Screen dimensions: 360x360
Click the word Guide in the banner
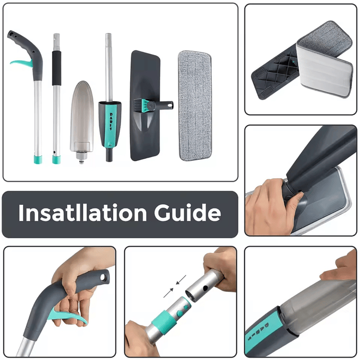point(187,213)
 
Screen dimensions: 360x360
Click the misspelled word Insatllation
point(83,213)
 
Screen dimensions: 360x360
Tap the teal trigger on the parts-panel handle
point(21,64)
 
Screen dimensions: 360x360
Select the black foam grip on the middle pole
point(57,68)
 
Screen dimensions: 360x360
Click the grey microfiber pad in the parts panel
point(195,105)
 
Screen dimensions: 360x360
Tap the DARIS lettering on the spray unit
point(111,122)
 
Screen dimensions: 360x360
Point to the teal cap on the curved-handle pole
point(38,159)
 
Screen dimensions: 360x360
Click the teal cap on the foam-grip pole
point(56,160)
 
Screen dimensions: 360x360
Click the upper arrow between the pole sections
point(181,279)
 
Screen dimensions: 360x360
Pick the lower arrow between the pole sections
point(169,293)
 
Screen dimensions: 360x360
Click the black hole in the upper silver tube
point(205,287)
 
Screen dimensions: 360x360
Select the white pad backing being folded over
point(324,72)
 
